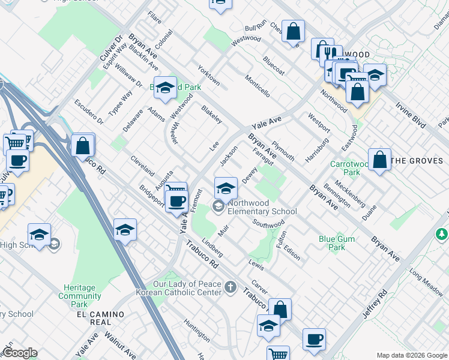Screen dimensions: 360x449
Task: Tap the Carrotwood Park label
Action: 345,167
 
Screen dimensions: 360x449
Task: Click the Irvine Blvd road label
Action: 411,114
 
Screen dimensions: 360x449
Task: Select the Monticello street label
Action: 257,86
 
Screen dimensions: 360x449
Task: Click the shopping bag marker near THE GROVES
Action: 379,160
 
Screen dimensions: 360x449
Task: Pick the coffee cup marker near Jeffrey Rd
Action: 314,340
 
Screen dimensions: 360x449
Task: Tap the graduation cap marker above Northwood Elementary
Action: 224,188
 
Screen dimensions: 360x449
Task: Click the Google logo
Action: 20,353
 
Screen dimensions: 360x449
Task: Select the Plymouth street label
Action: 282,151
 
